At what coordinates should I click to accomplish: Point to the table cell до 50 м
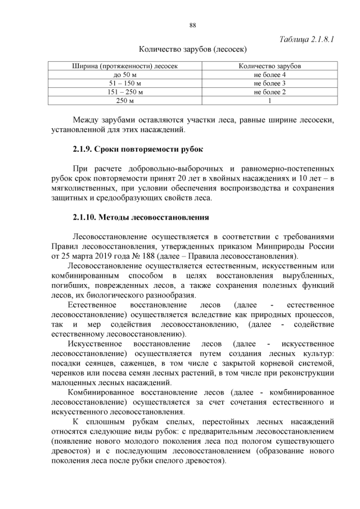click(x=125, y=75)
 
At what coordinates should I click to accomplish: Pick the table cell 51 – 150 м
click(x=125, y=83)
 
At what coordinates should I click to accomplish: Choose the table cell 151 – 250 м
click(x=125, y=92)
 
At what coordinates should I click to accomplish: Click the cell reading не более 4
click(x=269, y=75)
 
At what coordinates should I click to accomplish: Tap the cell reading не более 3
click(x=269, y=83)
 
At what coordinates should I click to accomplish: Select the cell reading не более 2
click(x=269, y=92)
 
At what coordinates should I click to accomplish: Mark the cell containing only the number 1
click(x=269, y=101)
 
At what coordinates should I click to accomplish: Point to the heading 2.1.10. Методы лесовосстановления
click(x=141, y=217)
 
